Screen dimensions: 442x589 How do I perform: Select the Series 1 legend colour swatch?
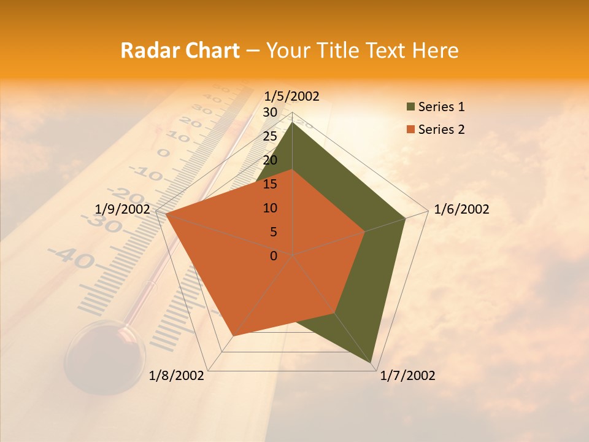click(x=410, y=107)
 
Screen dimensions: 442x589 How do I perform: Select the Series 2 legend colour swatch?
click(x=410, y=130)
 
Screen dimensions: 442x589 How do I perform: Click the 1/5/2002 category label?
click(x=291, y=96)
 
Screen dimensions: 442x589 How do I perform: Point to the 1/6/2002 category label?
click(x=461, y=209)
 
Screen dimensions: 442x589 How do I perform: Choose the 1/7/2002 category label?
click(x=407, y=376)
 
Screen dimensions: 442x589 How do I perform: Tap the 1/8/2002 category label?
click(x=177, y=376)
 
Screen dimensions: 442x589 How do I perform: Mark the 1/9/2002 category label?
click(x=123, y=209)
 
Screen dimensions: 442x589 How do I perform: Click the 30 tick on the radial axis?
click(x=270, y=112)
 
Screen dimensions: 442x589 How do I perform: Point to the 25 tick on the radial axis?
click(x=270, y=136)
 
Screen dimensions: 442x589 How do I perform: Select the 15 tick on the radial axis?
click(x=270, y=184)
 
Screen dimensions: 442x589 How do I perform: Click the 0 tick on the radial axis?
click(x=274, y=256)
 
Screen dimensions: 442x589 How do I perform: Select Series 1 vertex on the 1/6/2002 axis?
click(x=406, y=218)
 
